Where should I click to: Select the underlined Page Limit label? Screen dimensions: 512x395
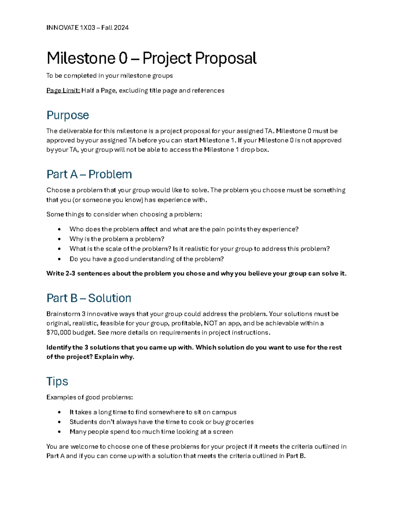pos(63,90)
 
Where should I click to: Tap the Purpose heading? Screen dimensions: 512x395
pos(68,115)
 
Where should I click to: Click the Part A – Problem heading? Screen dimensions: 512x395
pos(89,174)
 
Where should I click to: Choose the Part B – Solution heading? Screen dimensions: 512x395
pos(89,298)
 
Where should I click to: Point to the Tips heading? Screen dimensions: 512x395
pos(57,381)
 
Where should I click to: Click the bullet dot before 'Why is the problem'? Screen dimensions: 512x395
pos(59,239)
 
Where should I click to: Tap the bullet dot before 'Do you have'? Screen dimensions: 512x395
pos(59,259)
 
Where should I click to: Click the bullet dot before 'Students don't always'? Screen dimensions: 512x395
pos(59,422)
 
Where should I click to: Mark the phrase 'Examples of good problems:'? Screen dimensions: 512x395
pos(90,397)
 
